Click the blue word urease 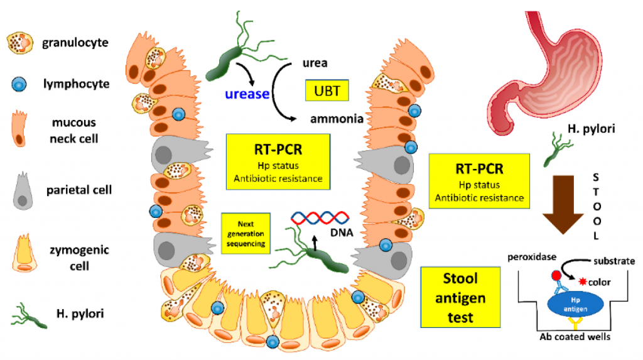(247, 94)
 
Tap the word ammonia (336, 118)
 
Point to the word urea (314, 63)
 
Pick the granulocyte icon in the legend (21, 43)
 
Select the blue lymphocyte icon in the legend (21, 84)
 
